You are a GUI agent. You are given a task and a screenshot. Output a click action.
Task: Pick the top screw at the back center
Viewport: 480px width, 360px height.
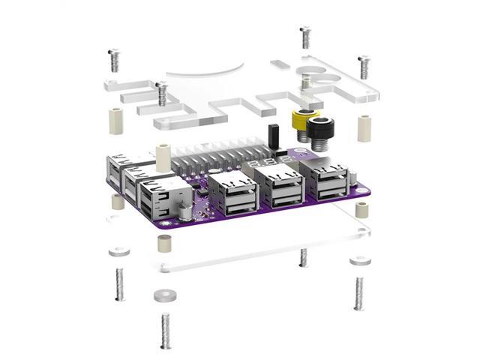(x=304, y=37)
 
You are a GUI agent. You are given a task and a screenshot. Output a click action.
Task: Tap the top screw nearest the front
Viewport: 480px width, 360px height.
(x=161, y=93)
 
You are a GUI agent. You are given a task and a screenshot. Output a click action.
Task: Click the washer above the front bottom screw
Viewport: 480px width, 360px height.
(x=164, y=295)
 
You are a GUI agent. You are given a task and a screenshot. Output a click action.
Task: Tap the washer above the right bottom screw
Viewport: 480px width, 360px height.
(x=359, y=259)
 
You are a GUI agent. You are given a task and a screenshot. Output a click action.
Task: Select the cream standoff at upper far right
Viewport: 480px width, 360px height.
(x=364, y=128)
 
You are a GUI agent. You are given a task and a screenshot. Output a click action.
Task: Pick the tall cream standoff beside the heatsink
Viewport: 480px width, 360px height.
(x=162, y=155)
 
